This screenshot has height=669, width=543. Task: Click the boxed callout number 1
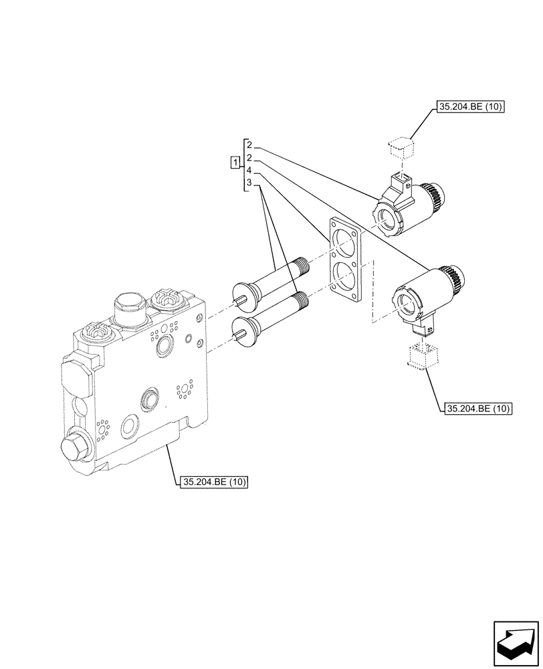234,163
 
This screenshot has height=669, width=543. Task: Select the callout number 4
248,171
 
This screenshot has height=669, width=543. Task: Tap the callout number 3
248,183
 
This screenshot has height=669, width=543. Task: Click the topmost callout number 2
248,145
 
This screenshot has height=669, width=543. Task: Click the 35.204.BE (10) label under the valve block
213,482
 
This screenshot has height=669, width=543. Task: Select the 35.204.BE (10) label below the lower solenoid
476,409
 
